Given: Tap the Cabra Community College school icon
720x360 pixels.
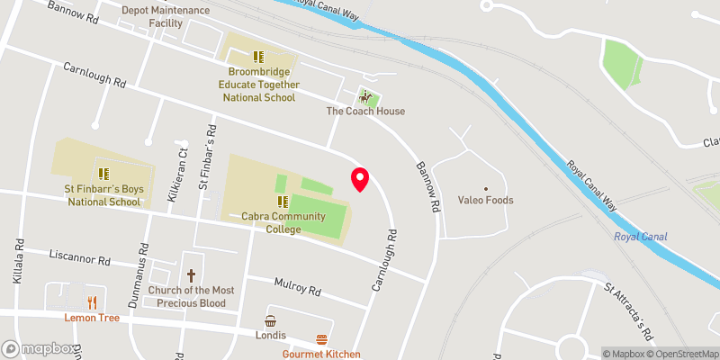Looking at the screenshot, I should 283,202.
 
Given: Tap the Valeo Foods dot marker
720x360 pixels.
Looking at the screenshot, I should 486,189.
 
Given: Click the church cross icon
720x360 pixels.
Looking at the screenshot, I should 191,275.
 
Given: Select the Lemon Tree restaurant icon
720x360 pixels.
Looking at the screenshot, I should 91,302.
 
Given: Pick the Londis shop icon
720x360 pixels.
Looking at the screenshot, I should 270,320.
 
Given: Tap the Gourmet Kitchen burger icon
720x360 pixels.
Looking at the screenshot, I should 322,339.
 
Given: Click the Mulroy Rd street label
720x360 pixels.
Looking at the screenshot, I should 297,287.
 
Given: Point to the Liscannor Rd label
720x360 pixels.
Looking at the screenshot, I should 79,260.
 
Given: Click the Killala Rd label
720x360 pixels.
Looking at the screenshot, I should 19,262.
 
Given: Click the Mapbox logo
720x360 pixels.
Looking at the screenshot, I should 39,348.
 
